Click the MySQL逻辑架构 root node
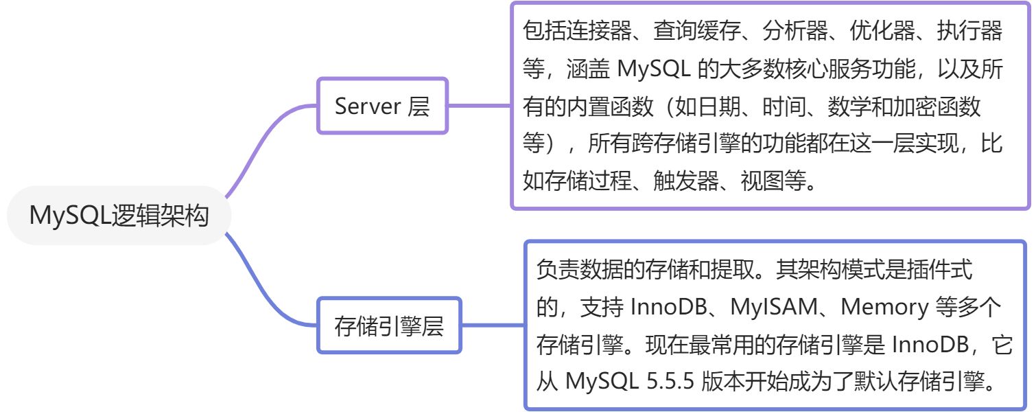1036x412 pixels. coord(119,216)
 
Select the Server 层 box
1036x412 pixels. coord(381,106)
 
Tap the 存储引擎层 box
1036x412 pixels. coord(389,326)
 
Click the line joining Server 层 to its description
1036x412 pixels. coord(480,106)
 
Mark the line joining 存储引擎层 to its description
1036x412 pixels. coord(493,325)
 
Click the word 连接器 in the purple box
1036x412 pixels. coord(589,31)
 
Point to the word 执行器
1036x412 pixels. coord(965,31)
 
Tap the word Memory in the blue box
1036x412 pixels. coord(884,306)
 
